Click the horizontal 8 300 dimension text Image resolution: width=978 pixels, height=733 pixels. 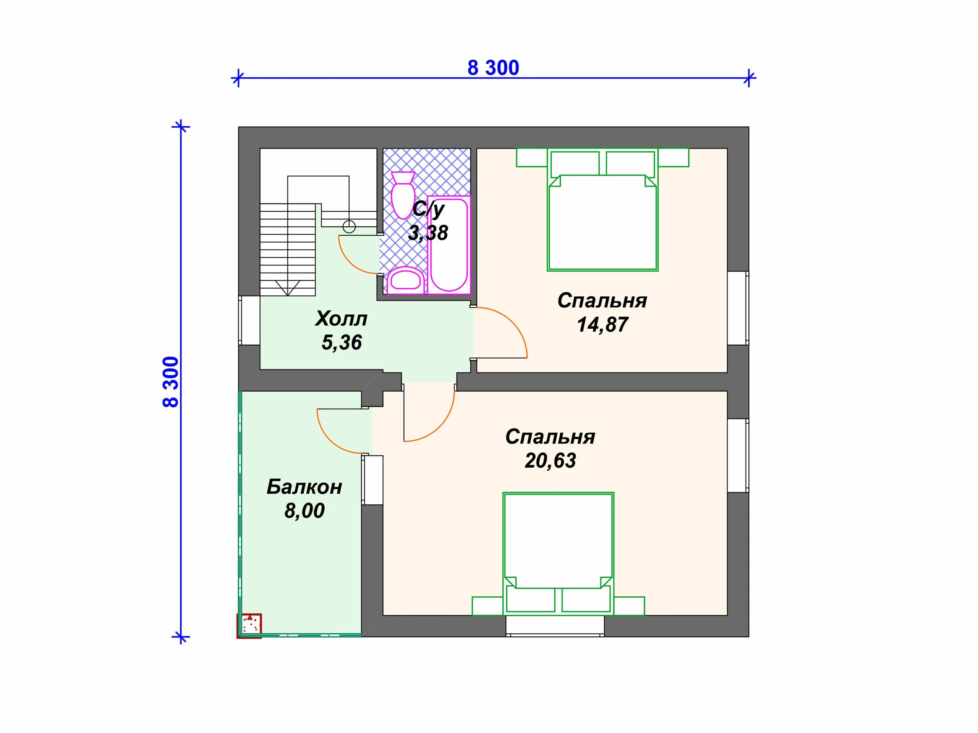tap(493, 68)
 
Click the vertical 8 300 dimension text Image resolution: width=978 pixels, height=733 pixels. tap(171, 382)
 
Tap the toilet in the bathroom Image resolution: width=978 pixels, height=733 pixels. tap(403, 195)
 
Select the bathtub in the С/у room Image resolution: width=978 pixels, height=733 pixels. tap(449, 245)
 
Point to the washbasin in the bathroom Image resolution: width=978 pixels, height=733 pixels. tap(405, 280)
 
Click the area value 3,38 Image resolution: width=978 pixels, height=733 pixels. tap(427, 232)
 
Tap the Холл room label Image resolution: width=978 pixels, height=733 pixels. tap(341, 318)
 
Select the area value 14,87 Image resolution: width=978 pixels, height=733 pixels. tap(602, 325)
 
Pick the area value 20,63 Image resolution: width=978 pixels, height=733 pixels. tap(550, 460)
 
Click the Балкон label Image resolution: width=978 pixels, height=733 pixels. tap(304, 487)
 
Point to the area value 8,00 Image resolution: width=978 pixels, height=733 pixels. tap(304, 511)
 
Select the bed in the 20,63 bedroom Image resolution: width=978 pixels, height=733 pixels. tap(559, 554)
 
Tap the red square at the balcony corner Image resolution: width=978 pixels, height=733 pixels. tap(249, 626)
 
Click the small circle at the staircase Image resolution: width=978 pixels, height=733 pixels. tap(349, 227)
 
